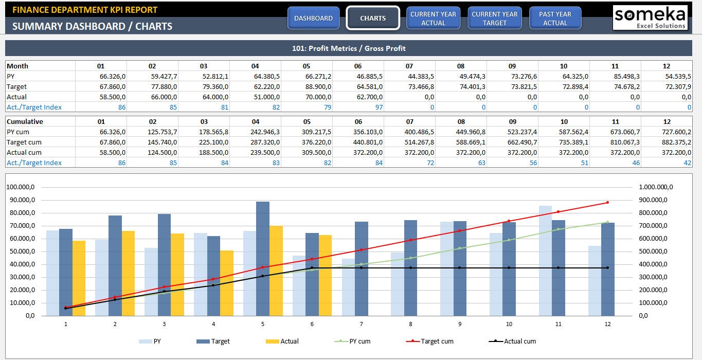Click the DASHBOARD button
[313, 18]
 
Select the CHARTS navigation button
[373, 18]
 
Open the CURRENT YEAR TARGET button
[494, 18]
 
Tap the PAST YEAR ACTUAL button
[555, 18]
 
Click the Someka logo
[650, 17]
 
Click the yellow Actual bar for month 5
[276, 271]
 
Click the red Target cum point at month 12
[607, 202]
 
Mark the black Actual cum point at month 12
[607, 267]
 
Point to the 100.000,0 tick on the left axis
[21, 187]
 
